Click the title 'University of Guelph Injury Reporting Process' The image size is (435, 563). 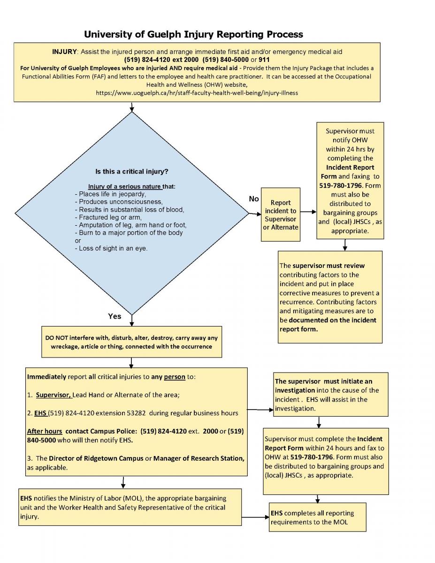pos(193,34)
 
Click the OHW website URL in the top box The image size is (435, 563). pos(197,93)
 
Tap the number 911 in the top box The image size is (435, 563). pos(264,60)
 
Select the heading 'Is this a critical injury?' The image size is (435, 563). pos(132,172)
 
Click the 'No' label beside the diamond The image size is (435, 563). pos(254,199)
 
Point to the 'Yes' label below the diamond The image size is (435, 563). pos(114,316)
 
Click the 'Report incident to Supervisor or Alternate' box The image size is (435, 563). pos(281,214)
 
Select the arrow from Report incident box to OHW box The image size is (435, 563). pos(308,212)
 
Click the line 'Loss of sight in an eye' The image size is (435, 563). pos(111,248)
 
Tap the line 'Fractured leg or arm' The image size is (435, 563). pos(108,217)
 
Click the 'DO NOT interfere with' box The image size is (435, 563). pos(131,342)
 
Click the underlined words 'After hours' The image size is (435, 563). pos(45,431)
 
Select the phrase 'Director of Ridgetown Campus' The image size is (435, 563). pos(96,458)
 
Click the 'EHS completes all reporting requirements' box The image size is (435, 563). pos(317,517)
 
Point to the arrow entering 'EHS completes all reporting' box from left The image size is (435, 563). pos(255,517)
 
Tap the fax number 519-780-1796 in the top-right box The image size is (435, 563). pos(340,185)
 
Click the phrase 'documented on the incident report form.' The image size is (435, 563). pos(328,325)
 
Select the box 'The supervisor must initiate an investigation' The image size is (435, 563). pos(331,394)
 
